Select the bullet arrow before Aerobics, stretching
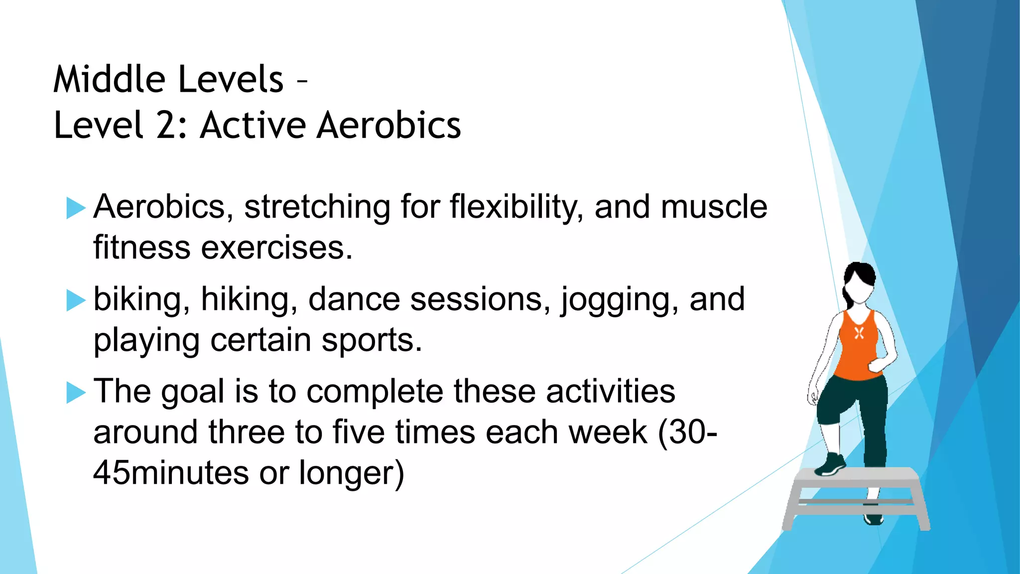[76, 208]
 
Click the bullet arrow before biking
[76, 300]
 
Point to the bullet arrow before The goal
[76, 392]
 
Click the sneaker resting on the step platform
[830, 465]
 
